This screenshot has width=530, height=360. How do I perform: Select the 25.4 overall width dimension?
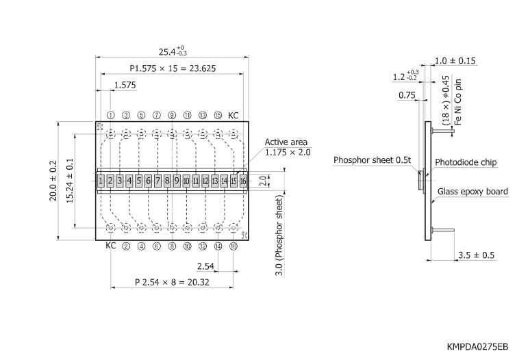171,52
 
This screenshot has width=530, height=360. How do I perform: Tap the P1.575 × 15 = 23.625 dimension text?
171,68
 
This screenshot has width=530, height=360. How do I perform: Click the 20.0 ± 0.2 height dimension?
54,181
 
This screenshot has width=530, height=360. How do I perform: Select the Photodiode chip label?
466,163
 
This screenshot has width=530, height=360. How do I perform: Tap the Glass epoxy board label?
472,192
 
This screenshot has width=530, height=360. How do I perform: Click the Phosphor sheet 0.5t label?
372,160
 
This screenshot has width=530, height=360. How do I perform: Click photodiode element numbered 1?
101,181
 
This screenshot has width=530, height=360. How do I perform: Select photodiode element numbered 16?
243,181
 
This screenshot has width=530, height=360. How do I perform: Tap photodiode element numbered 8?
167,181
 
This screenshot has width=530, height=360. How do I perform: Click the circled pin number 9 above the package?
172,115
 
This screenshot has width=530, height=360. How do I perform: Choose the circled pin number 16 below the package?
233,246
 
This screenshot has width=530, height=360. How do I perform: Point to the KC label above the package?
234,115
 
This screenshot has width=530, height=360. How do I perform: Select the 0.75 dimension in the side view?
407,95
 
